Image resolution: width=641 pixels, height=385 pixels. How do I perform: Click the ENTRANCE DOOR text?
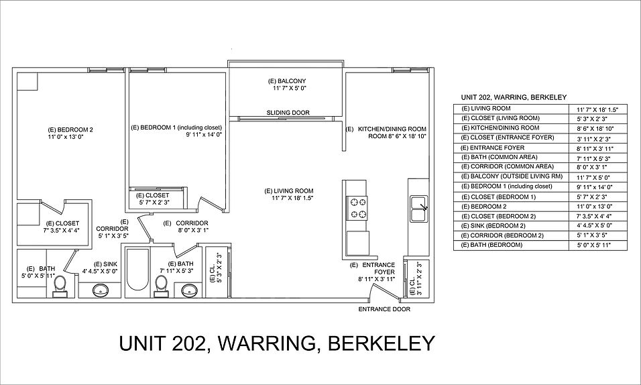(384, 309)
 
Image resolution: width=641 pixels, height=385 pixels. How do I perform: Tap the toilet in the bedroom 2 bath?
(59, 284)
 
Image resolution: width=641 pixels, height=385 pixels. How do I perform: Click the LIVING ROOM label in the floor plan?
(289, 190)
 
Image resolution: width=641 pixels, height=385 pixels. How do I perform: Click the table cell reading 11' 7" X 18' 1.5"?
(597, 109)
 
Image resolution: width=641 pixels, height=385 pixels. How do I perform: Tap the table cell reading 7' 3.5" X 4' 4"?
(596, 216)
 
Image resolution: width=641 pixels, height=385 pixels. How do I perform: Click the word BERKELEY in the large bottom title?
(380, 343)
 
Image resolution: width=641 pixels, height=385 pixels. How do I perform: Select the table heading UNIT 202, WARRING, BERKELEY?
(504, 97)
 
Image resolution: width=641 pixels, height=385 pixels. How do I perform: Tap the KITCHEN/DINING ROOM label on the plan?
(394, 128)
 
